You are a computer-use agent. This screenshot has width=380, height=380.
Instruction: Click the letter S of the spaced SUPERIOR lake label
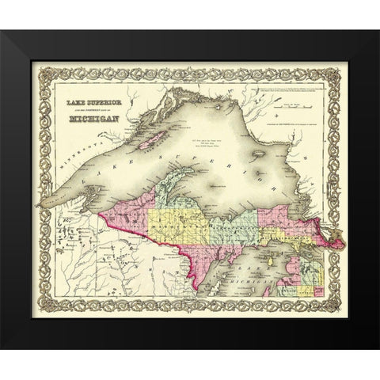pos(161,159)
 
